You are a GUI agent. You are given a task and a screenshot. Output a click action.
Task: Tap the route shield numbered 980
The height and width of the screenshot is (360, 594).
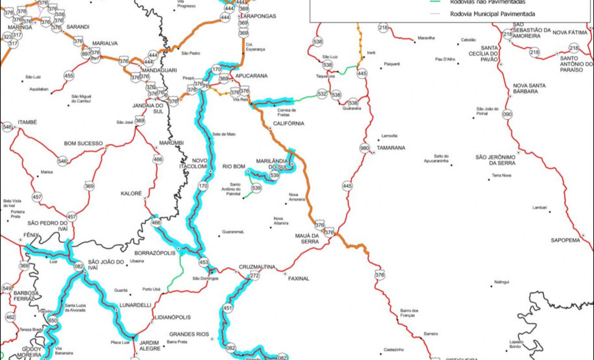pos(364,147)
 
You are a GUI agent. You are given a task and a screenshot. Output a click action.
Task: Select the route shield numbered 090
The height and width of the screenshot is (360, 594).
pos(507,115)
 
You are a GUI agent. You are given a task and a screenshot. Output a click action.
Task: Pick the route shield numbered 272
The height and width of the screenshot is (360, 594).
pos(254,276)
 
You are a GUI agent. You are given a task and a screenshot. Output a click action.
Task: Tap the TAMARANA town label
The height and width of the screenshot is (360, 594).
pos(391,148)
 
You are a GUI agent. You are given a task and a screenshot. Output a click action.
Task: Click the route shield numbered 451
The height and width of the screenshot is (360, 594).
pos(228,307)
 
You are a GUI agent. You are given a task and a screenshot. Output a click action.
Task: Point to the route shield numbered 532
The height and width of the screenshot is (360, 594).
pos(322,94)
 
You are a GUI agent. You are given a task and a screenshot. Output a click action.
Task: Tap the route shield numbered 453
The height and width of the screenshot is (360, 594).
pos(204,263)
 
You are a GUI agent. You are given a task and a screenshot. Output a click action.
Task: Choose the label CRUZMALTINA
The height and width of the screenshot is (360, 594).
pos(257,267)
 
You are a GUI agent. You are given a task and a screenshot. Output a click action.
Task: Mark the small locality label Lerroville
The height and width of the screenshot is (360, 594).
pos(390,136)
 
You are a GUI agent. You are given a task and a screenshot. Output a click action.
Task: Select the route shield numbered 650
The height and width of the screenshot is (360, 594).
pos(53,320)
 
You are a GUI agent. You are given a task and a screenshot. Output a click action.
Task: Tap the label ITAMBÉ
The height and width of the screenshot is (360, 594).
pos(27,122)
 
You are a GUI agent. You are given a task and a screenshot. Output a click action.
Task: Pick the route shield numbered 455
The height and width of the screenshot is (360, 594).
pos(69,76)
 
